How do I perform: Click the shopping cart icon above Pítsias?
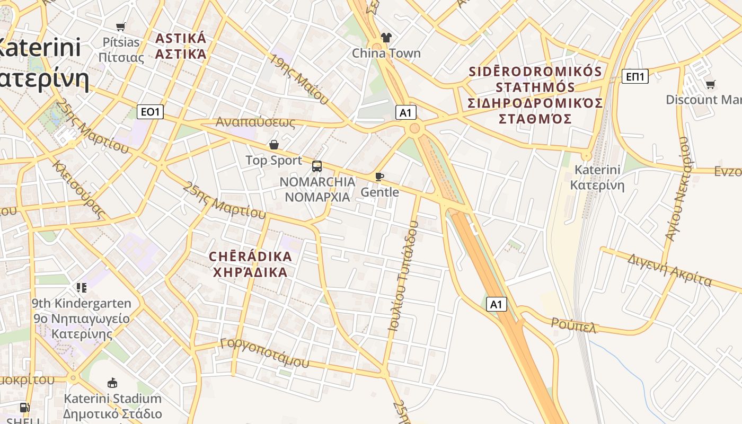(121, 26)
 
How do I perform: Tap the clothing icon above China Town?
(386, 37)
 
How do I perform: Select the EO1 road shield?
(151, 112)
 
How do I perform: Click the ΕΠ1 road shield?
(634, 77)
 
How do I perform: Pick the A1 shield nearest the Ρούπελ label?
(496, 304)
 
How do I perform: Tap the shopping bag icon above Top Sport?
(274, 144)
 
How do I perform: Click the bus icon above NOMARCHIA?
(317, 166)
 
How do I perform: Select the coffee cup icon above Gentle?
(379, 176)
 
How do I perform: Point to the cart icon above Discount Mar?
(711, 84)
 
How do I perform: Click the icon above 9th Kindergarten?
(82, 288)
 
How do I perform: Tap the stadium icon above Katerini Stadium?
(112, 383)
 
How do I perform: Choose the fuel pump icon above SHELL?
(24, 408)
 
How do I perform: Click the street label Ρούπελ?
(574, 325)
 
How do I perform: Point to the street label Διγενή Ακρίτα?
(669, 270)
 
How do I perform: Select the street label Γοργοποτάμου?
(264, 352)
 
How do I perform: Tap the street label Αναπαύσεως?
(255, 122)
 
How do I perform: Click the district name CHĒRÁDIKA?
(250, 257)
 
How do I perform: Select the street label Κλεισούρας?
(78, 189)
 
